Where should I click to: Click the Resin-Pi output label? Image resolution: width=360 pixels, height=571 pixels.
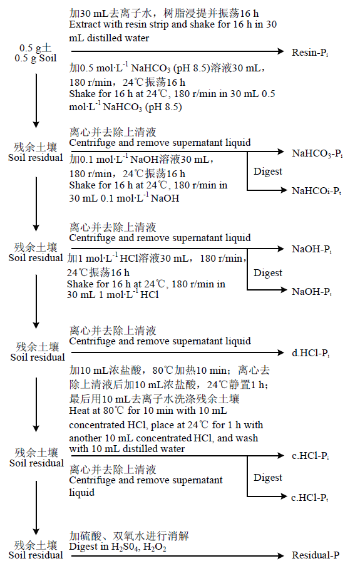tap(310, 53)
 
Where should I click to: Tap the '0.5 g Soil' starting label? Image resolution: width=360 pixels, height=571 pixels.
tap(36, 58)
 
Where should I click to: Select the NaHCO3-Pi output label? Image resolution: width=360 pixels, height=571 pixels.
tap(317, 153)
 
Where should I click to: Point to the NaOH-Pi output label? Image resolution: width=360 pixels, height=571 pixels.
tap(312, 249)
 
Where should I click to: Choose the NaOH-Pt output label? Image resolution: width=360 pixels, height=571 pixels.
tap(312, 291)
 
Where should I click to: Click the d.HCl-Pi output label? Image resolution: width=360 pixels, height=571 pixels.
tap(311, 353)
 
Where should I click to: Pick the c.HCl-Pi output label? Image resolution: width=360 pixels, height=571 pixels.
tap(310, 456)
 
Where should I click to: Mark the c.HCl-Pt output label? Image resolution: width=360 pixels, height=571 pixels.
tap(310, 498)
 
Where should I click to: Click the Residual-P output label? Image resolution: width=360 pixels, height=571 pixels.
tap(316, 555)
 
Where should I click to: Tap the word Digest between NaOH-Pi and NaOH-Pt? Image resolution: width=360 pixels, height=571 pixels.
tap(268, 273)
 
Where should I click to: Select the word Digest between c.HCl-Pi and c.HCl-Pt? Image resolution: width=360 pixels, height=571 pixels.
tap(268, 478)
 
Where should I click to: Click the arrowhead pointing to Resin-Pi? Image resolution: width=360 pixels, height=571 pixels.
tap(280, 51)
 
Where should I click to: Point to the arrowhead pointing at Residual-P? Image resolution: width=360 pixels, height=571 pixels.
tap(280, 556)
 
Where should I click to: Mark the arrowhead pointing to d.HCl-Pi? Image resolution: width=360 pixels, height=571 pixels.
tap(280, 352)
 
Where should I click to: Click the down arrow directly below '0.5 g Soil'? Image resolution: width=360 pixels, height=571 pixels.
tap(36, 101)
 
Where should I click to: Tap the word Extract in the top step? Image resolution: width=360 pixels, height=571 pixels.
tap(81, 24)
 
